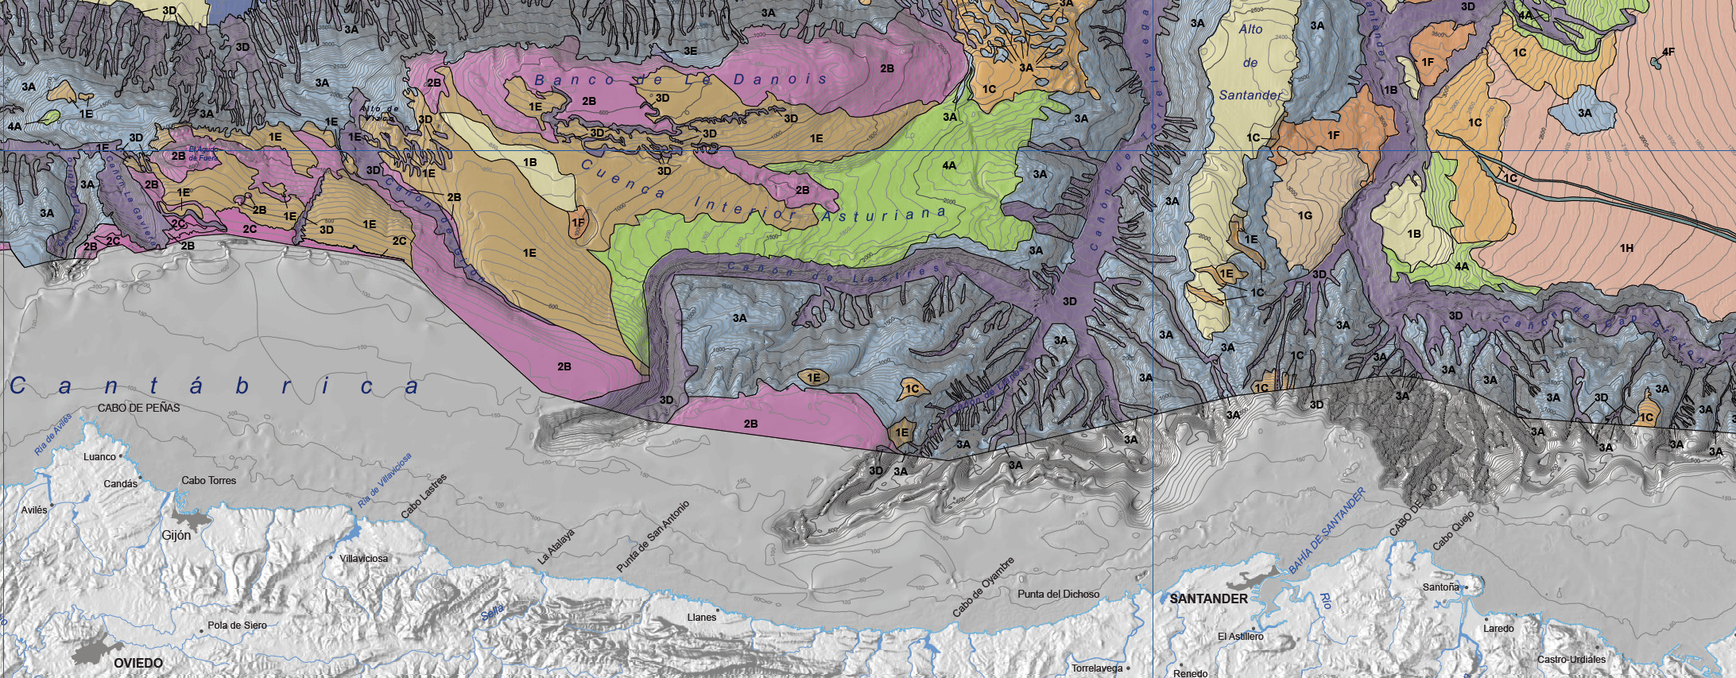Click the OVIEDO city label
click(x=138, y=663)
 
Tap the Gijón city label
click(x=176, y=536)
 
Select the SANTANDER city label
click(x=1208, y=599)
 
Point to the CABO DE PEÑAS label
click(x=139, y=408)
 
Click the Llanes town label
click(x=702, y=617)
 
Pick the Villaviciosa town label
click(x=364, y=559)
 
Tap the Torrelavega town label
click(x=1097, y=668)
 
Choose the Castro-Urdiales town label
click(x=1571, y=660)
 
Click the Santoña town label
click(x=1441, y=587)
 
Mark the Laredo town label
click(x=1498, y=629)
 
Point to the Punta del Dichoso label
click(x=1059, y=594)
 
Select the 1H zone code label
click(x=1627, y=248)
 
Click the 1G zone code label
click(x=1304, y=215)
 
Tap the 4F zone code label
click(x=1668, y=52)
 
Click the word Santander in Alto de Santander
click(x=1250, y=95)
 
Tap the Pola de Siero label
click(x=237, y=626)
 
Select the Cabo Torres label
click(x=208, y=481)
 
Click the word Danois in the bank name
click(x=780, y=79)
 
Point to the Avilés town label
click(x=34, y=510)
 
